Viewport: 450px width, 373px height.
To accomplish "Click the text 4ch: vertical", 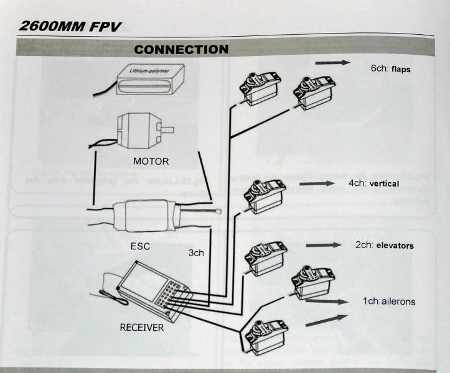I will pos(373,184).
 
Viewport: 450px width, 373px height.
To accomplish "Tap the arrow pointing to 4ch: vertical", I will pos(317,184).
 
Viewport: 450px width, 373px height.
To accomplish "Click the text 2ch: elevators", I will pos(384,246).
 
